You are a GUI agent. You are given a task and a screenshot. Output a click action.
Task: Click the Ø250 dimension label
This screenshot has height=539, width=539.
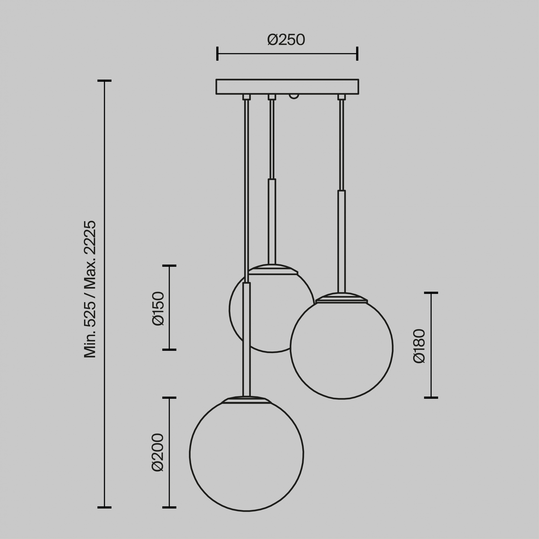click(x=286, y=40)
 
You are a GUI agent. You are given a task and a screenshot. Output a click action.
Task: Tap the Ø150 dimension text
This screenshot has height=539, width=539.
click(x=158, y=308)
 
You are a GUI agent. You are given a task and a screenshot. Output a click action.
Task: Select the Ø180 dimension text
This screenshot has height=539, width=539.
click(x=419, y=346)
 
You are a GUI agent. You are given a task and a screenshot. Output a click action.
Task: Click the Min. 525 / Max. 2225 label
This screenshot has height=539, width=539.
click(x=90, y=289)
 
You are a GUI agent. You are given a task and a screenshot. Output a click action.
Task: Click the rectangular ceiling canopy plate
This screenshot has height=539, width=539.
click(x=287, y=87)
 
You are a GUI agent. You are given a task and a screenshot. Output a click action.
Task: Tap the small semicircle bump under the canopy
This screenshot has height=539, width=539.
click(x=294, y=96)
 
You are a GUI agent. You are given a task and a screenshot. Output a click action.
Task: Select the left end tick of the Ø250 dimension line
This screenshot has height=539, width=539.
click(x=217, y=54)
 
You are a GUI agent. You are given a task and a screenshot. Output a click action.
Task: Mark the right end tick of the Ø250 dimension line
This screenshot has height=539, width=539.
click(x=357, y=54)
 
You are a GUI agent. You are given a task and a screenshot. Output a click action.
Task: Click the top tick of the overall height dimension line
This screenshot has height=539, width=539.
click(x=104, y=81)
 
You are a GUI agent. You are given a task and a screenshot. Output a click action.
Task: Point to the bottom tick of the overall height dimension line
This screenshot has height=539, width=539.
click(x=104, y=507)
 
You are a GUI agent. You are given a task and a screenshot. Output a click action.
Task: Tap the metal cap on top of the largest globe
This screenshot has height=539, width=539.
click(x=246, y=400)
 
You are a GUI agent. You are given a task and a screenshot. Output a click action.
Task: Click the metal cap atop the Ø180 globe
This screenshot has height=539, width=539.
click(x=341, y=298)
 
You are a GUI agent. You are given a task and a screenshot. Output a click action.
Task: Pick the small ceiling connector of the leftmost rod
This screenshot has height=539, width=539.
click(x=246, y=97)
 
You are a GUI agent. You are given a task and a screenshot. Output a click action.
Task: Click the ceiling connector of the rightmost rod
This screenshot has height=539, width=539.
click(x=341, y=97)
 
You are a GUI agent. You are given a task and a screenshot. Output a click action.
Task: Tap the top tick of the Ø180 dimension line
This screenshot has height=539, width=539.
click(x=431, y=293)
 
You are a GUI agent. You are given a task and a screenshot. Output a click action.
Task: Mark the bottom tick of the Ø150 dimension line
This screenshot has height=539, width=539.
click(x=169, y=349)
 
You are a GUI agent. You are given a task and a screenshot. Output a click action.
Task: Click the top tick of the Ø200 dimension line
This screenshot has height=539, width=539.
click(x=169, y=398)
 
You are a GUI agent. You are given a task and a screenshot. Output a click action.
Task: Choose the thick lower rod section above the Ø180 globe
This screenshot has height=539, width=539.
click(x=341, y=241)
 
